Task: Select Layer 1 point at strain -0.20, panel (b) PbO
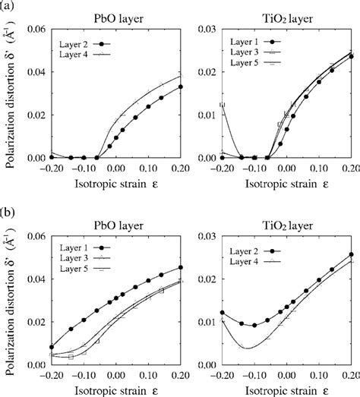click(x=50, y=347)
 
